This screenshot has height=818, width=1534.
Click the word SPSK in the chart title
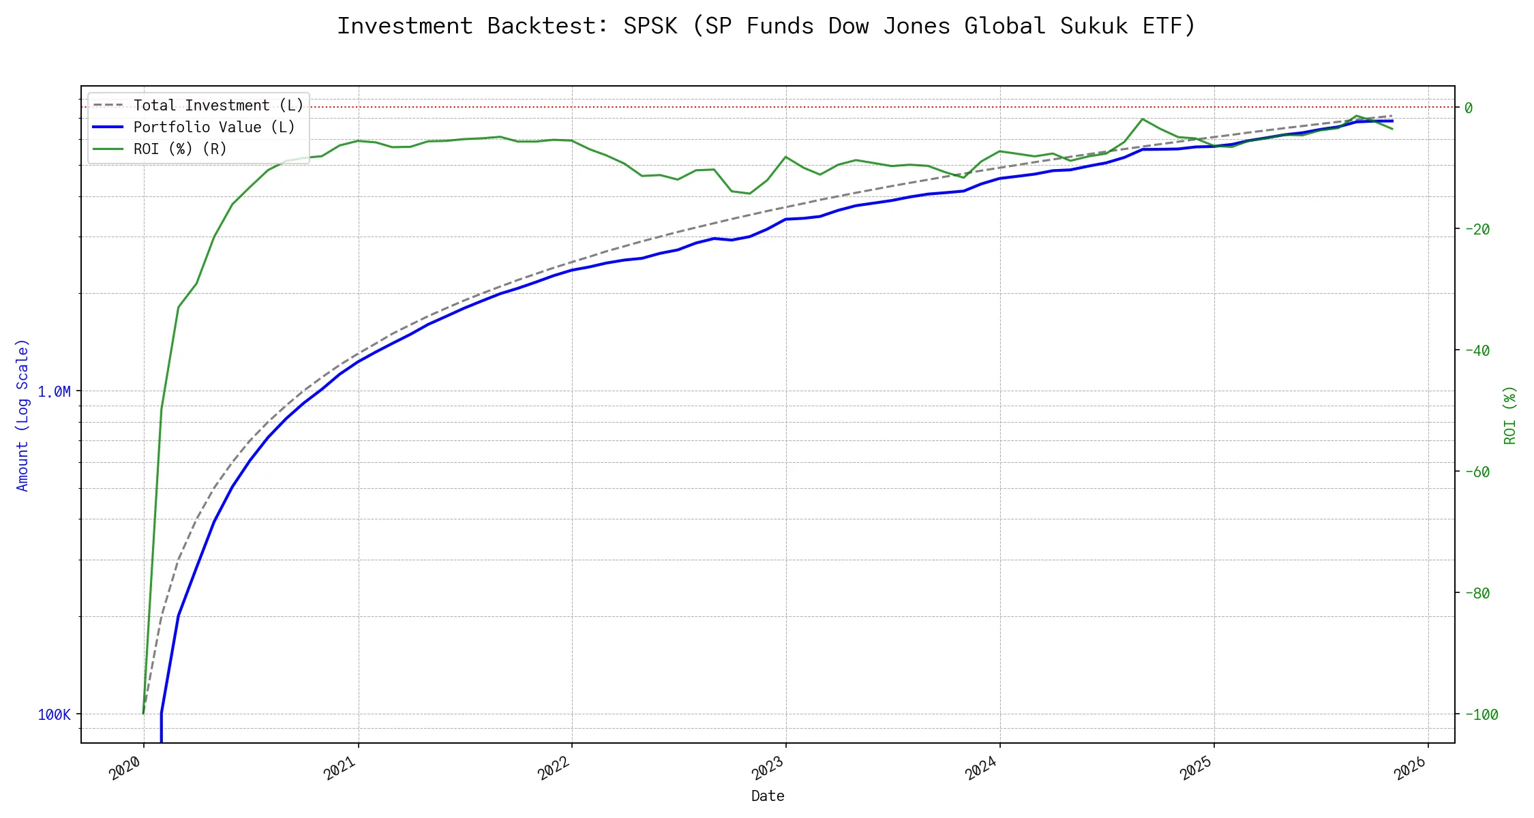[650, 26]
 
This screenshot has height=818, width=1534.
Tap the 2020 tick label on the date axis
[125, 768]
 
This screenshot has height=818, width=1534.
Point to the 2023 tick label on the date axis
[768, 768]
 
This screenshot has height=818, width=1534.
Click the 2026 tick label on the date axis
[1410, 768]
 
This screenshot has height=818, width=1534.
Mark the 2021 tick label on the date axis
[340, 768]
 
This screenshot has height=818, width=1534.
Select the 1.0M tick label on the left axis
[54, 391]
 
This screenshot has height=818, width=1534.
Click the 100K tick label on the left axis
[54, 714]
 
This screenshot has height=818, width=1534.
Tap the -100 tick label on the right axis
[1482, 714]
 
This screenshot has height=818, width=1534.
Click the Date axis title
[768, 796]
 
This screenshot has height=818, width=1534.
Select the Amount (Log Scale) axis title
[22, 414]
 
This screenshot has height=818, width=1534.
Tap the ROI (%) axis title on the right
[1509, 414]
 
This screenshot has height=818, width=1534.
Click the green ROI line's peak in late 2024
[1143, 119]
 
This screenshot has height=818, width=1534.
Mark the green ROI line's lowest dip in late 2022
[749, 194]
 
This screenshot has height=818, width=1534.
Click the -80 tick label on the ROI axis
[1477, 593]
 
